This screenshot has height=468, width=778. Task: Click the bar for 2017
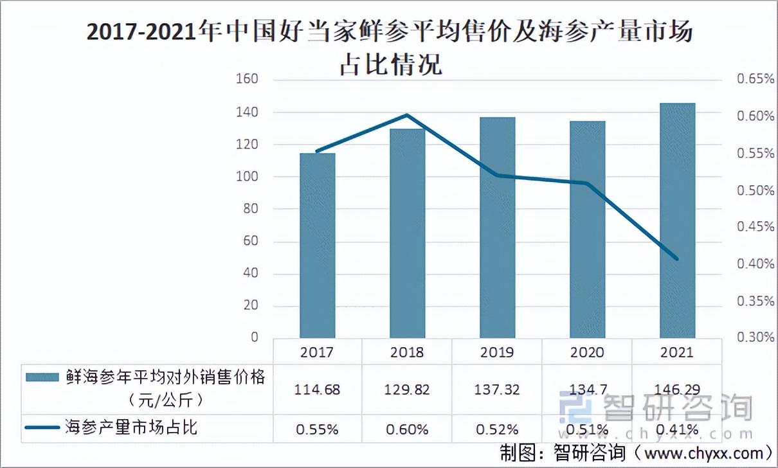318,246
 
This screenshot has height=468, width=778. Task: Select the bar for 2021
677,221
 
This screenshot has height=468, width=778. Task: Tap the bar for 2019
498,228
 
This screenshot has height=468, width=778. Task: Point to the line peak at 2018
408,114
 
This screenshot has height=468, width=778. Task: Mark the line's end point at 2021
676,258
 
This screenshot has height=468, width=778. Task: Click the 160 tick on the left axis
247,79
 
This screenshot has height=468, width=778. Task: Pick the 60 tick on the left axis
250,240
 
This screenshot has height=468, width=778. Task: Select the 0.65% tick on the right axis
755,79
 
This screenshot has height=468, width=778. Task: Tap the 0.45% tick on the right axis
755,227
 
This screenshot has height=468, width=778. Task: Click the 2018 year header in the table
407,352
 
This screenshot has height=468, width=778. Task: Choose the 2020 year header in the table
587,352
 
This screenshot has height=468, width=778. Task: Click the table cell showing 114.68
317,390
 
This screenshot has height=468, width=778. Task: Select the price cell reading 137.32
497,390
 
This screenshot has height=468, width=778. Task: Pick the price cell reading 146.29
677,390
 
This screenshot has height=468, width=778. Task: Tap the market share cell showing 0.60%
407,429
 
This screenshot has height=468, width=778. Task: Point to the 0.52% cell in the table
497,429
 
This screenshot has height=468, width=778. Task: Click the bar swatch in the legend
42,377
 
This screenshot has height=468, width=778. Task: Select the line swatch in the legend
42,428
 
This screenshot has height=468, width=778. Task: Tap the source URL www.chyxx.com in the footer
703,453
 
